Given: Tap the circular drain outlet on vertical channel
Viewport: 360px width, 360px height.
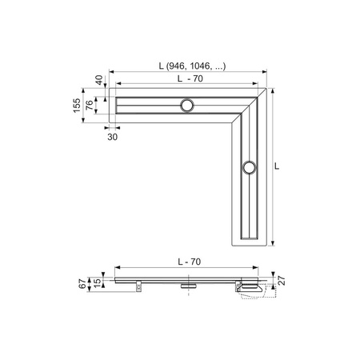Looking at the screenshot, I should click(x=249, y=166).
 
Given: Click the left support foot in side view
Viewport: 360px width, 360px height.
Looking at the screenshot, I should click(x=138, y=283).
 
